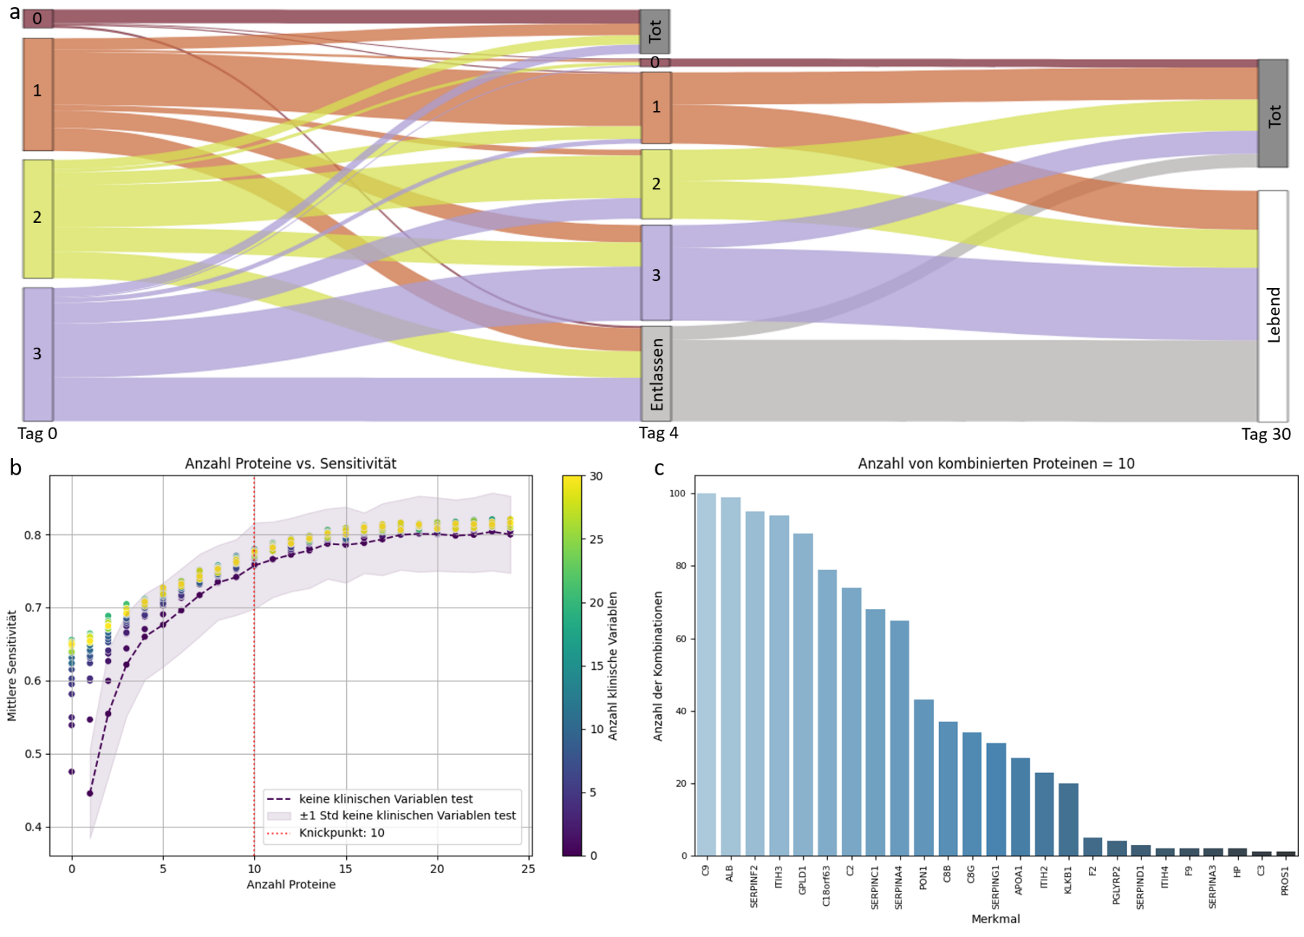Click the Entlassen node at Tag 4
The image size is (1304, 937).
(656, 373)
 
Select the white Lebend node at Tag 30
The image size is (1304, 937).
(1273, 306)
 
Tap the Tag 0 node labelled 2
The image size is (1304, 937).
(38, 218)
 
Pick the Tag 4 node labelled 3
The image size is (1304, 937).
(656, 273)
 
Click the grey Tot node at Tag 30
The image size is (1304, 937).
(1273, 114)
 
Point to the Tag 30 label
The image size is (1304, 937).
(1266, 434)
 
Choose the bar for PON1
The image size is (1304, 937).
(923, 777)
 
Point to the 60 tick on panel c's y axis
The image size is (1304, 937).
(681, 639)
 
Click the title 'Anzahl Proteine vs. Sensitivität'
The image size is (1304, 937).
(290, 463)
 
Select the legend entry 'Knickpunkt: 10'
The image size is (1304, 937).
(341, 832)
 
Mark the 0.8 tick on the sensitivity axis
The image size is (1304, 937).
(33, 535)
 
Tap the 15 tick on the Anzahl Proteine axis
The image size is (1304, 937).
(345, 868)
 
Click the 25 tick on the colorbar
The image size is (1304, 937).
(596, 539)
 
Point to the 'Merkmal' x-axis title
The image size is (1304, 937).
(996, 919)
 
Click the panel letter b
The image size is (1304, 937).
(16, 468)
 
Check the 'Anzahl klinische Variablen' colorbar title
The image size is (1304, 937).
(613, 666)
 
